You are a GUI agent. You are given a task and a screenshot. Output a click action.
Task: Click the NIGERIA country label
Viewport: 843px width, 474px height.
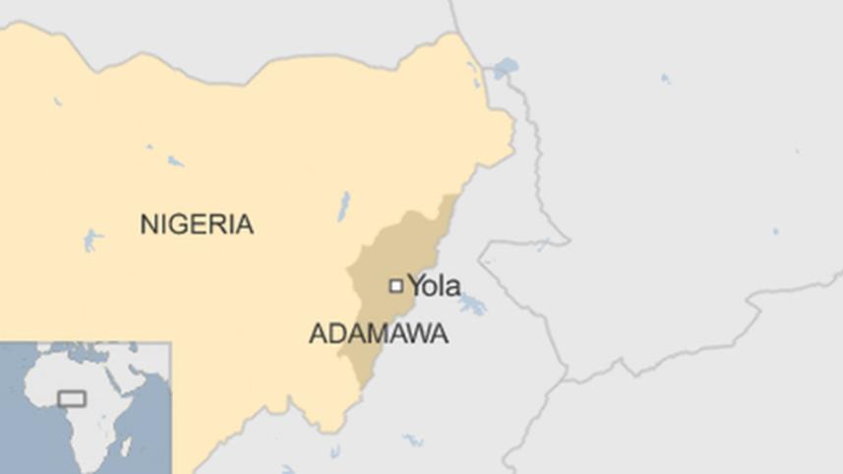point(197,224)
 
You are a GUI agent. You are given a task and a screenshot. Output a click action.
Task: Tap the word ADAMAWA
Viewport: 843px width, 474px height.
point(379,334)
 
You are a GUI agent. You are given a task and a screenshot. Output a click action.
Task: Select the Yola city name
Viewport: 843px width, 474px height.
point(434,285)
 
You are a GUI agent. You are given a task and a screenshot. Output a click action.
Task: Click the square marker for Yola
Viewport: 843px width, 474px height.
point(395,285)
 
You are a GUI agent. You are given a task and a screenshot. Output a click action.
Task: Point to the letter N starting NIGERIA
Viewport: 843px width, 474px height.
point(149,224)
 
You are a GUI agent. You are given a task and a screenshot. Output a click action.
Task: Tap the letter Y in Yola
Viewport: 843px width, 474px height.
point(417,285)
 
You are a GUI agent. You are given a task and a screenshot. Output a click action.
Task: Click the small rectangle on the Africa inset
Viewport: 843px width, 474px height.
point(72,398)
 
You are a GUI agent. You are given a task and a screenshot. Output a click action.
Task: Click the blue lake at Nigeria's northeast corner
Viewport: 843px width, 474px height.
point(505,69)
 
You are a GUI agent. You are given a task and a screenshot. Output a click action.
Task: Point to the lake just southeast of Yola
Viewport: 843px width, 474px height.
point(473,305)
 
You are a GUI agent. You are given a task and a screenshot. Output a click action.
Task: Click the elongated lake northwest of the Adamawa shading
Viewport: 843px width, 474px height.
point(343,206)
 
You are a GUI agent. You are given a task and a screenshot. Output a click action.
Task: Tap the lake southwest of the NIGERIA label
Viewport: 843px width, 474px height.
point(92,240)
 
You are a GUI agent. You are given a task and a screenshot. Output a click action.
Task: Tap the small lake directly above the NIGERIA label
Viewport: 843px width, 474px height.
point(175,160)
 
